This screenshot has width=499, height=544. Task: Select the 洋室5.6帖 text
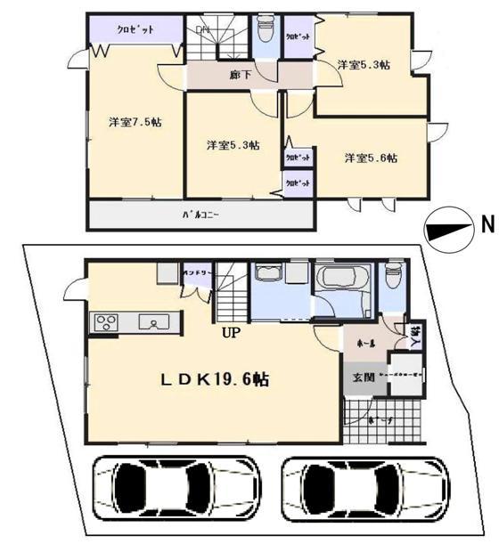click(371, 158)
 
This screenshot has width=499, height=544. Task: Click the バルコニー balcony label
click(200, 215)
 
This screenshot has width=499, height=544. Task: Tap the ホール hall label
click(365, 342)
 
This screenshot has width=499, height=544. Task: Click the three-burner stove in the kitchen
click(105, 321)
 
